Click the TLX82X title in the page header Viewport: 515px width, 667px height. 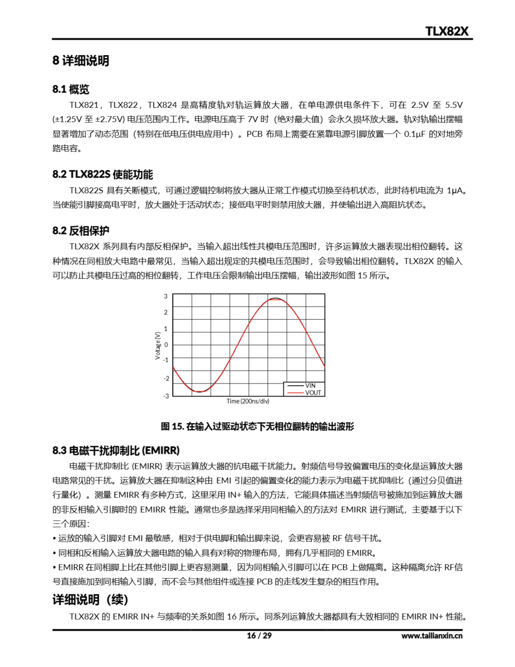pyautogui.click(x=447, y=31)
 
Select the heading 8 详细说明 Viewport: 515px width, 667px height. pyautogui.click(x=81, y=60)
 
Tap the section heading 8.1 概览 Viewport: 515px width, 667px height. pyautogui.click(x=71, y=89)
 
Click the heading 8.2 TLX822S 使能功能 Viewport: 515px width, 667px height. pyautogui.click(x=103, y=174)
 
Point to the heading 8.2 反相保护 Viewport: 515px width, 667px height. pyautogui.click(x=81, y=231)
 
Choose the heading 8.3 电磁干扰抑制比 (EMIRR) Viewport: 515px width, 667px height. pyautogui.click(x=116, y=450)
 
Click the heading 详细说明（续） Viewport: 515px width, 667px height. pyautogui.click(x=90, y=600)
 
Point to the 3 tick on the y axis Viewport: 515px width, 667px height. pyautogui.click(x=166, y=296)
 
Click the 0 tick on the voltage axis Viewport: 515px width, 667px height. pyautogui.click(x=166, y=345)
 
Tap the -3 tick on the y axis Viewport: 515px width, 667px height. pyautogui.click(x=166, y=396)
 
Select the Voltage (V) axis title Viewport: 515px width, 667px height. pyautogui.click(x=158, y=345)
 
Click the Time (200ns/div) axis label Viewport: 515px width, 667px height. pyautogui.click(x=248, y=401)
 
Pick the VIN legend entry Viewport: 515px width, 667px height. pyautogui.click(x=310, y=386)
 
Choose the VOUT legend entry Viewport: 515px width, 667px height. pyautogui.click(x=313, y=393)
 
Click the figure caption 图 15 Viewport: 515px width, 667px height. pyautogui.click(x=257, y=426)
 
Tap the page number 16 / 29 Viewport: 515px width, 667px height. pyautogui.click(x=259, y=635)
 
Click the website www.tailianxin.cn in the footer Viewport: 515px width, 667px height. pyautogui.click(x=432, y=636)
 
